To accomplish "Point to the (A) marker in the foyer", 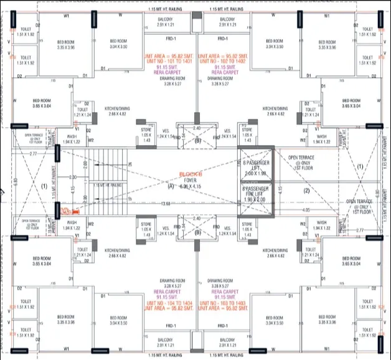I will click(x=170, y=186).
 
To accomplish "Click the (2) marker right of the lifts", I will click(x=306, y=191).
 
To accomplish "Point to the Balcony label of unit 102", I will click(x=219, y=22).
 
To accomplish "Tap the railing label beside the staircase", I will click(x=106, y=185).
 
